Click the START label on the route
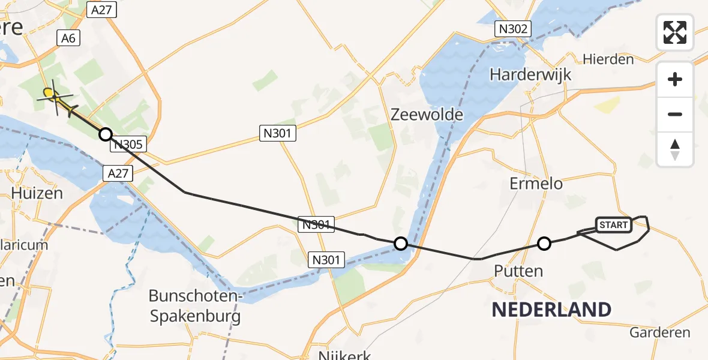613,225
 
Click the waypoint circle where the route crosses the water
401,243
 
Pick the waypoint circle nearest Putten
544,243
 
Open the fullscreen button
675,32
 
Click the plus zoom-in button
675,79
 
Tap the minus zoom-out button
675,114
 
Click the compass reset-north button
675,149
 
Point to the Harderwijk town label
522,75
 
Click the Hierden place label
608,59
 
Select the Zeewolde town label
427,115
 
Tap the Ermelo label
536,184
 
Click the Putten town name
518,271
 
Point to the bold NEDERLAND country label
551,310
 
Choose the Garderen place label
660,332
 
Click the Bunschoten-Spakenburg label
195,306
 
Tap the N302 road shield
513,28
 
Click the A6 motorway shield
68,38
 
